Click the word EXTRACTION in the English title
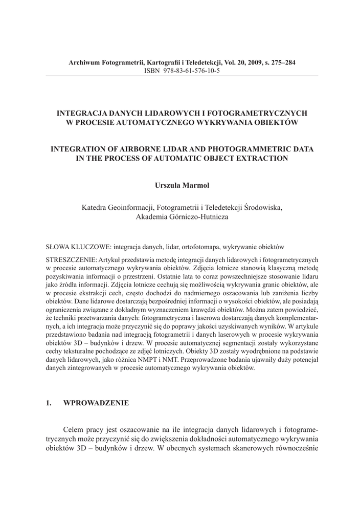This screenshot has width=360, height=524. pyautogui.click(x=263, y=158)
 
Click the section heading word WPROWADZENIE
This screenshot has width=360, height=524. pyautogui.click(x=96, y=403)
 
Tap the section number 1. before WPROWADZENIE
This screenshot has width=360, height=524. pyautogui.click(x=49, y=403)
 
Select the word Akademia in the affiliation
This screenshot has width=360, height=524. pyautogui.click(x=152, y=216)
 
